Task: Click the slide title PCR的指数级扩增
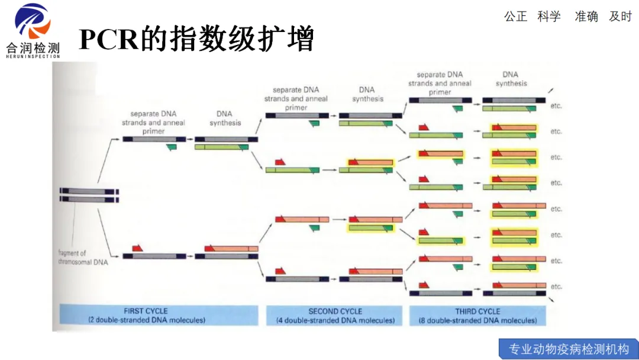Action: (x=196, y=40)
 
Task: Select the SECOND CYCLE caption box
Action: (x=335, y=316)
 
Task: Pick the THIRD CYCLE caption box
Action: (x=478, y=316)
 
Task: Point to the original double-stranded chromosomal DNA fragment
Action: (x=89, y=195)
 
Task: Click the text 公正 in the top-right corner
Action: (x=515, y=17)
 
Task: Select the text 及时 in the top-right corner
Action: (x=620, y=17)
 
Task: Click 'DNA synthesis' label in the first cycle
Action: (x=225, y=118)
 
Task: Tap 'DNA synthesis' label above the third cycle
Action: (x=511, y=79)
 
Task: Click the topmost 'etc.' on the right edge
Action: (x=556, y=106)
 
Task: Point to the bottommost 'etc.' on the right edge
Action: (x=556, y=287)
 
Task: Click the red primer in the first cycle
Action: (x=137, y=247)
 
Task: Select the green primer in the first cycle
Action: (x=172, y=147)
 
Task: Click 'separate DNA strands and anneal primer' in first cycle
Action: (x=153, y=123)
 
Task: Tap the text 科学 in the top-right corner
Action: (x=549, y=17)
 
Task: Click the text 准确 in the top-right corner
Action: (x=586, y=17)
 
